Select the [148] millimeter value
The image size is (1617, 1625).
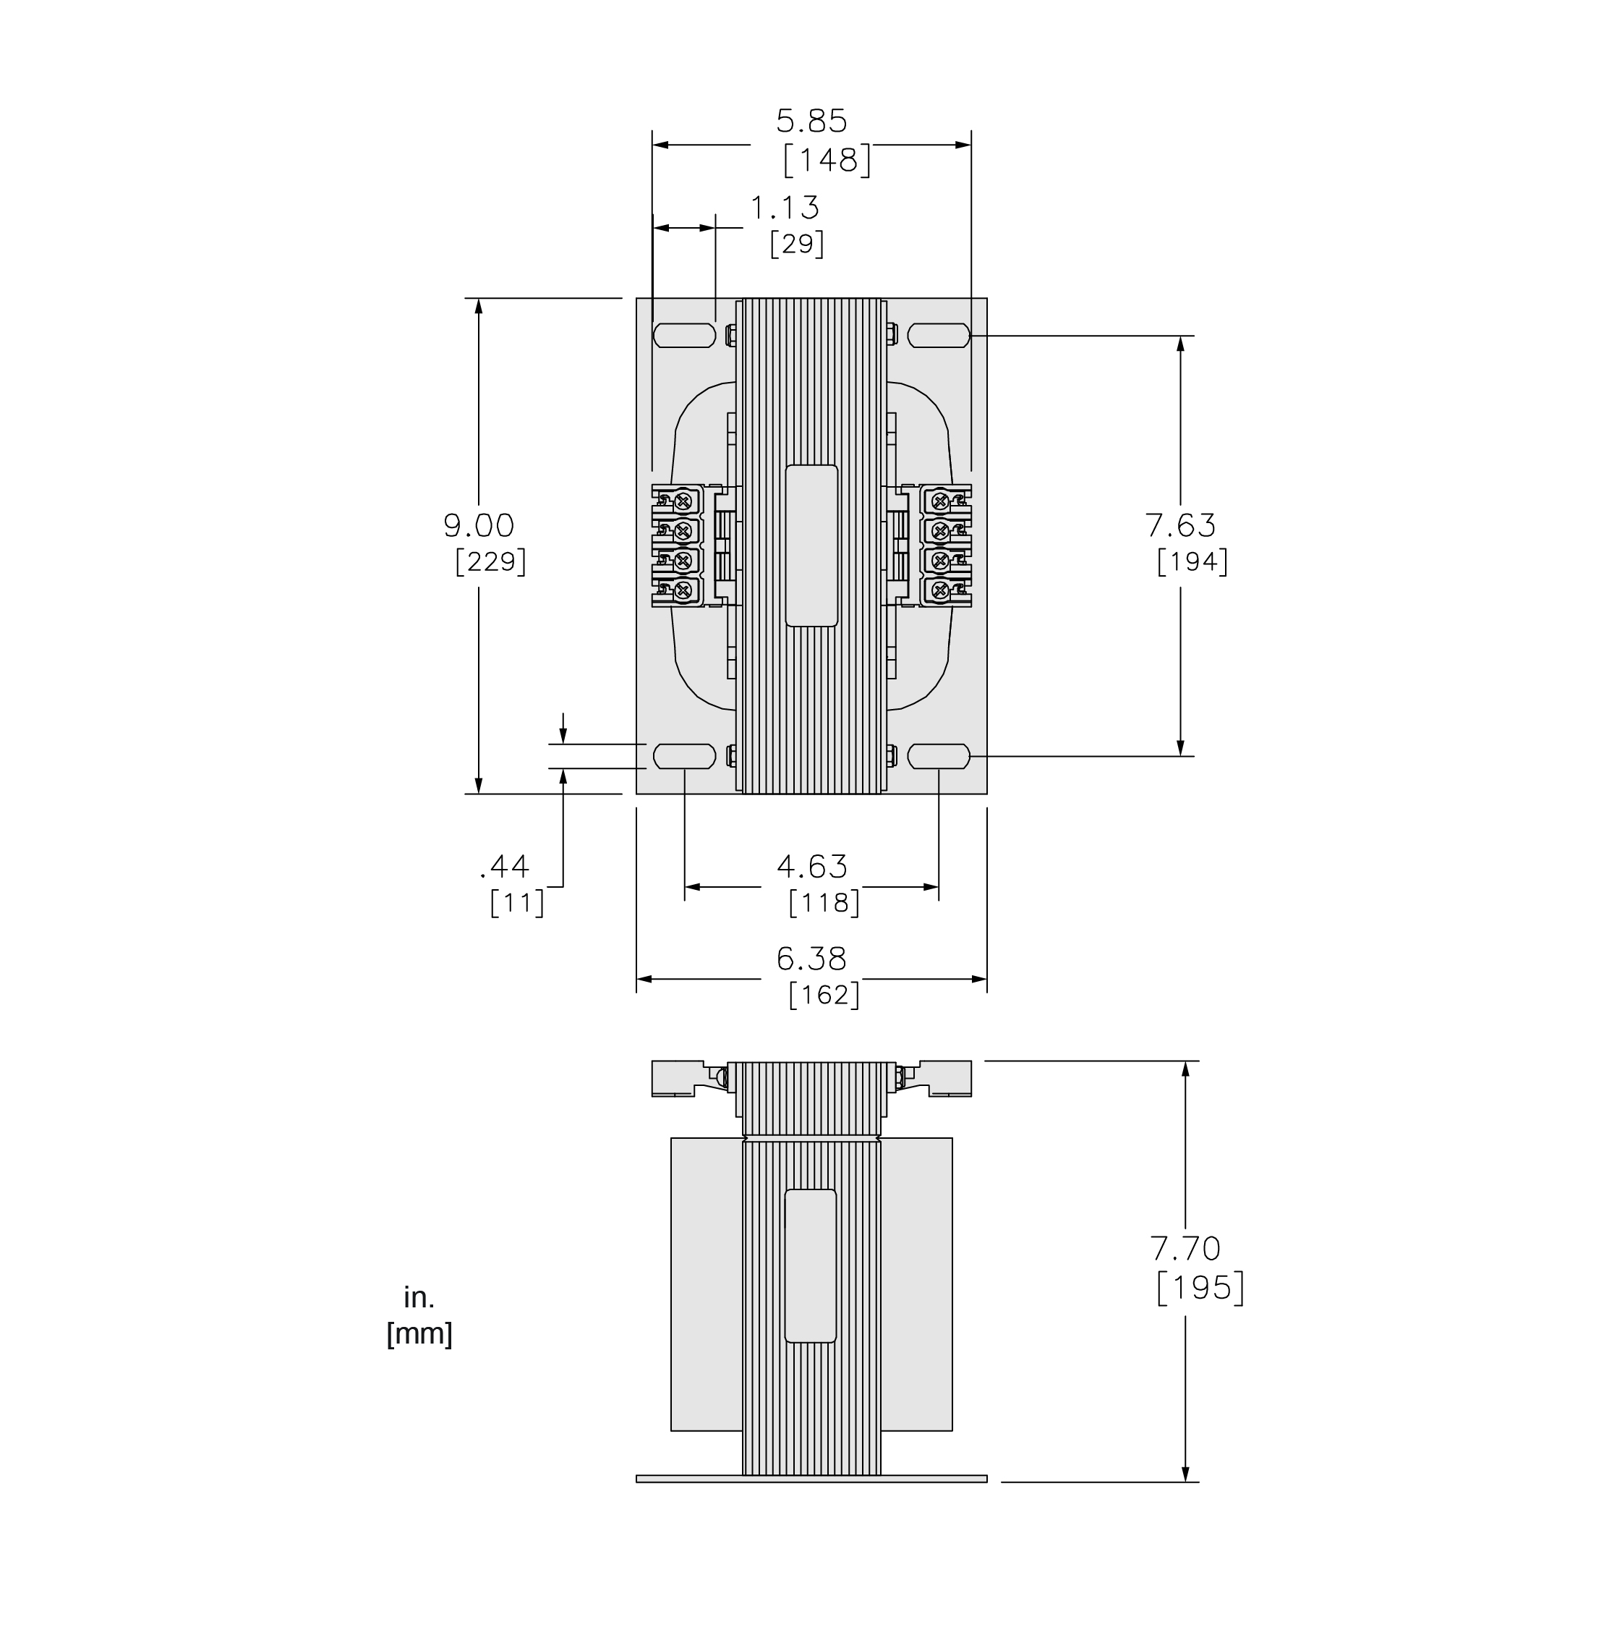tap(827, 160)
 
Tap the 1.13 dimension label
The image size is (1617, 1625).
tap(784, 208)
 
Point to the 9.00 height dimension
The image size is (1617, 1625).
tap(479, 526)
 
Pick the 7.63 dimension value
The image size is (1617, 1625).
tap(1179, 526)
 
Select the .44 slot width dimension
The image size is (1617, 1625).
tap(505, 866)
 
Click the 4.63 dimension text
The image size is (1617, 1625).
tap(811, 866)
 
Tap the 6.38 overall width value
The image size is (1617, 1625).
tap(811, 959)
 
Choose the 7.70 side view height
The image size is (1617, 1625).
tap(1185, 1248)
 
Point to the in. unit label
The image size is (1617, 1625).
tap(419, 1298)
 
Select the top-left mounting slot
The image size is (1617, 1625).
tap(683, 336)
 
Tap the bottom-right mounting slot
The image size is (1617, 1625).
tap(939, 756)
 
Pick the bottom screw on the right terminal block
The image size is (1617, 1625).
tap(941, 590)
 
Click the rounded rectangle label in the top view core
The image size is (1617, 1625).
tap(811, 546)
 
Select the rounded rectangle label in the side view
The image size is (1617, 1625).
tap(811, 1266)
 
